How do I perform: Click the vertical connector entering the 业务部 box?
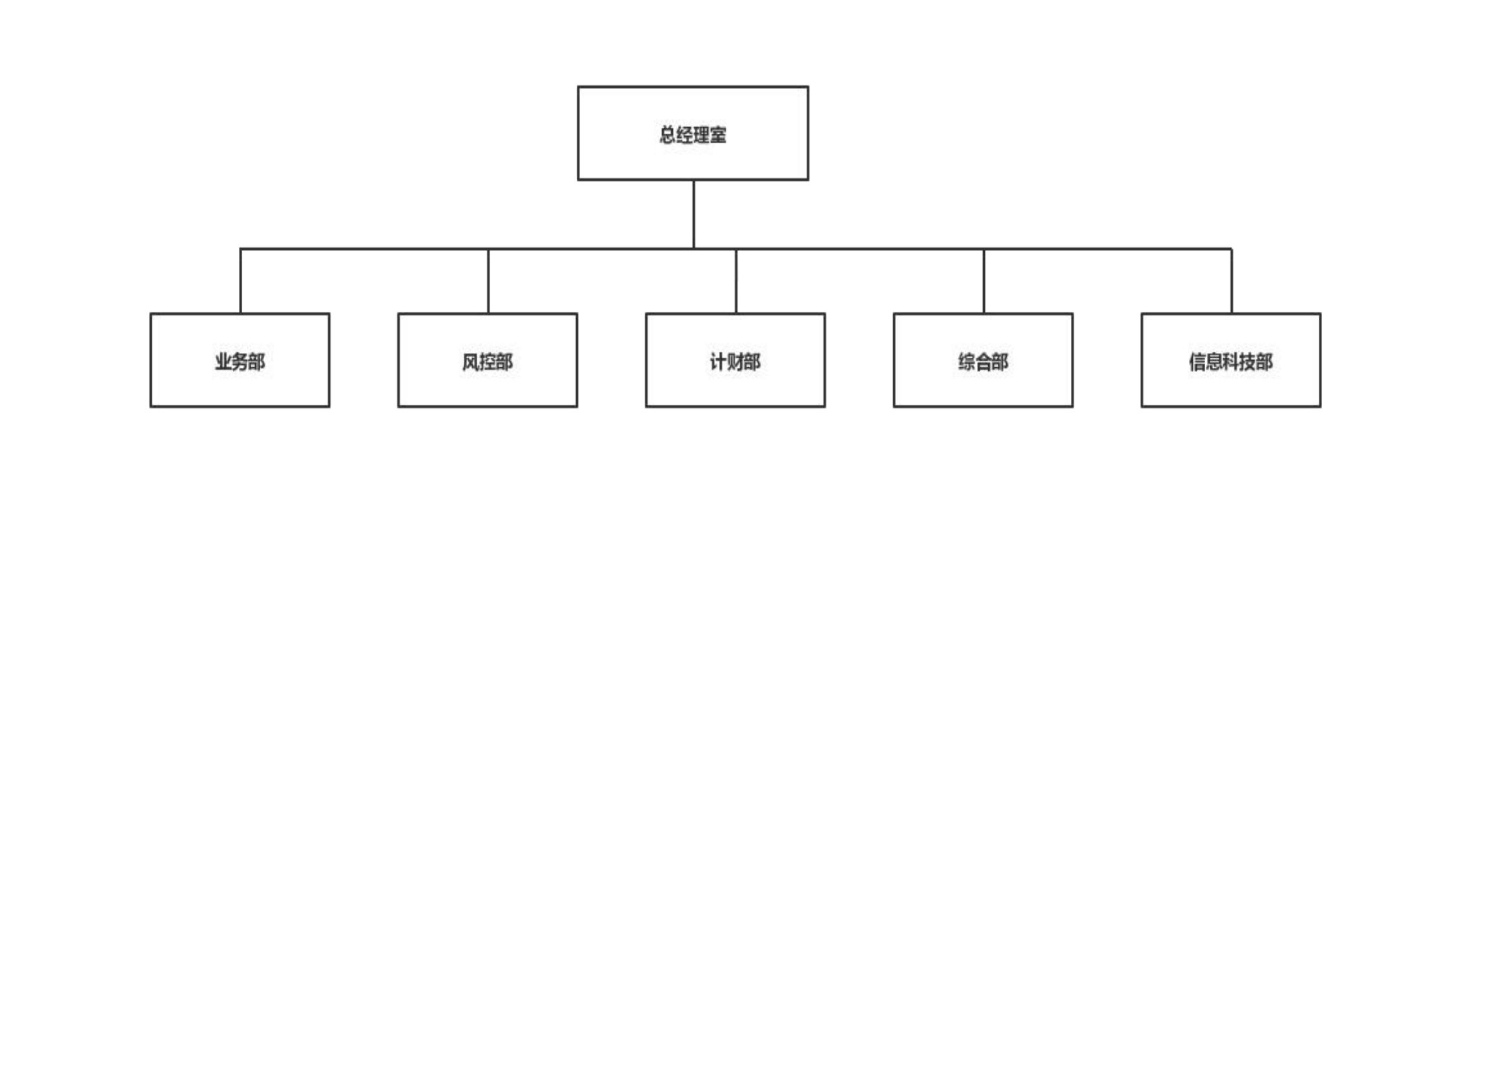click(x=241, y=281)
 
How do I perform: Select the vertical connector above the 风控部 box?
click(x=489, y=281)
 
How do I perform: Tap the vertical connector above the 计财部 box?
click(x=736, y=281)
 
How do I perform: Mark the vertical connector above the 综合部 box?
click(x=984, y=281)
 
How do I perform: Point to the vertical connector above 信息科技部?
click(x=1232, y=281)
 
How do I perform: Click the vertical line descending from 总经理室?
click(x=694, y=214)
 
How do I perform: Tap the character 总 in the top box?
click(x=668, y=135)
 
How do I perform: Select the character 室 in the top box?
click(x=719, y=135)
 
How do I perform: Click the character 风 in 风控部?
click(x=471, y=361)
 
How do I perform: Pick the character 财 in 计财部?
click(x=735, y=361)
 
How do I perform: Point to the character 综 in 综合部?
click(x=967, y=361)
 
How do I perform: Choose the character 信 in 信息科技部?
click(x=1197, y=361)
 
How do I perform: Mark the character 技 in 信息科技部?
click(x=1248, y=361)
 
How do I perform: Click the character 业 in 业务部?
click(x=223, y=361)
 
